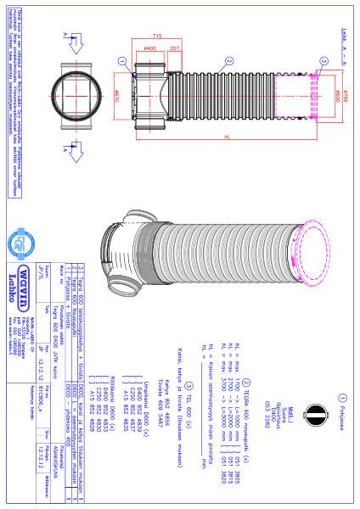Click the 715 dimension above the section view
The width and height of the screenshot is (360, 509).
click(158, 37)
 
